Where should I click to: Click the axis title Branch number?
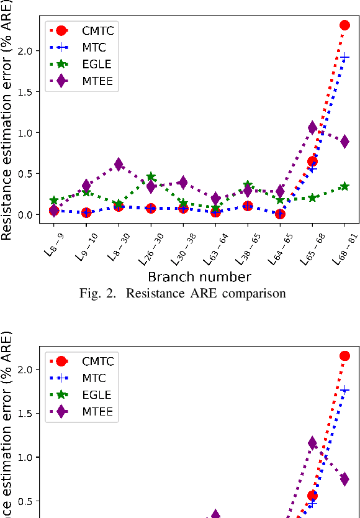(199, 276)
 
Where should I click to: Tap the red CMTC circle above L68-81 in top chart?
(344, 25)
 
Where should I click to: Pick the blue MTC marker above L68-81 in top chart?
(344, 57)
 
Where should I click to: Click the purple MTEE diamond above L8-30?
(119, 165)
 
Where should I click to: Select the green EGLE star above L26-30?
(151, 177)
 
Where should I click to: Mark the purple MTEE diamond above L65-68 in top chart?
(312, 128)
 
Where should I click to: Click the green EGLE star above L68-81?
(344, 186)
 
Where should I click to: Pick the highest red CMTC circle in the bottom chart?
(344, 356)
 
